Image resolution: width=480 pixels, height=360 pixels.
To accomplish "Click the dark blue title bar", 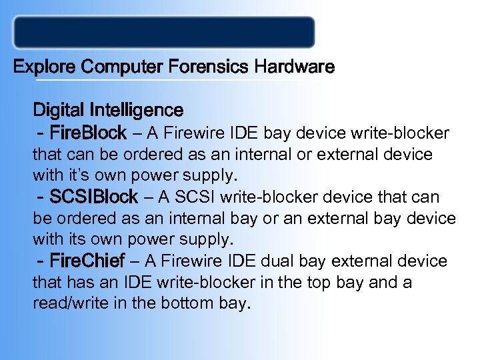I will (164, 32).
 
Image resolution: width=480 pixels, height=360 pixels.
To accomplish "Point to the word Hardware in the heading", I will (294, 67).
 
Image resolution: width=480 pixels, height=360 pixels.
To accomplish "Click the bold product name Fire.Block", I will (87, 133).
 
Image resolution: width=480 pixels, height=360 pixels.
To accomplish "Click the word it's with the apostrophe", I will (74, 177).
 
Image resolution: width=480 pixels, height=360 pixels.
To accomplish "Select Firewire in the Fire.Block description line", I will (193, 133).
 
